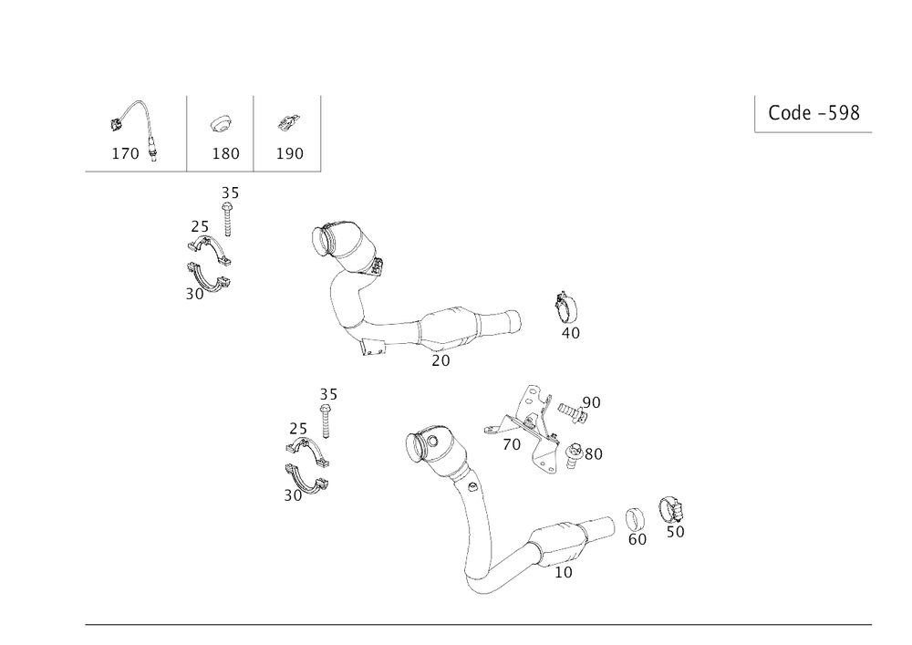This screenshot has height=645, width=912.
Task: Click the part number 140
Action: [125, 153]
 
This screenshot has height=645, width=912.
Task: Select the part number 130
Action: [225, 153]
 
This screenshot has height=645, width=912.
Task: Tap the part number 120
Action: [290, 153]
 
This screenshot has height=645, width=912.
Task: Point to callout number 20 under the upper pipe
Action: [440, 361]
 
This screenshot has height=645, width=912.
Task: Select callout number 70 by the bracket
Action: [512, 445]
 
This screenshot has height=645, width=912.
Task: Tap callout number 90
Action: [591, 401]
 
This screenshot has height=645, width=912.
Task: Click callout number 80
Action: [593, 453]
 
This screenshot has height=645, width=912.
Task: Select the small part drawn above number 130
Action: [220, 121]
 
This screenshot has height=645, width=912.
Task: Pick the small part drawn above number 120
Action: [287, 121]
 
